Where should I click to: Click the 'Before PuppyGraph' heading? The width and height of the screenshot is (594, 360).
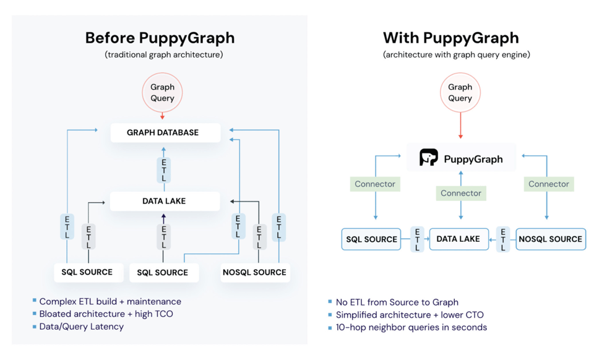[160, 38]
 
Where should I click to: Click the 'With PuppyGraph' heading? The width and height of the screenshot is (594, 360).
[450, 38]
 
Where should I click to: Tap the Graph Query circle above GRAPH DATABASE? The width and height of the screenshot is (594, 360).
[162, 93]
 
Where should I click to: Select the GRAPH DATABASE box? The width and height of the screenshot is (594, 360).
[165, 132]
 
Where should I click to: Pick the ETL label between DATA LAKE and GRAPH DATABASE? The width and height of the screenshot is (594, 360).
[164, 170]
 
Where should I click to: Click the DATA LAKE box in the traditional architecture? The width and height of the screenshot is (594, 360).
[165, 201]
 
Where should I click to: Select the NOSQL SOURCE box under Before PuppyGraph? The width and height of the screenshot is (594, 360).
[254, 272]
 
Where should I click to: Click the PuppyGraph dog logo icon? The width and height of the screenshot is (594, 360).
[429, 158]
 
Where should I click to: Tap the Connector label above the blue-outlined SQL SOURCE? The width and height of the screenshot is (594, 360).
[375, 184]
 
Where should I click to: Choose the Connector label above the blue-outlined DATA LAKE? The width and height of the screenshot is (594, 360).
[460, 193]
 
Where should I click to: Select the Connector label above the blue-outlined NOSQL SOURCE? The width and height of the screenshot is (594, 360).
[548, 184]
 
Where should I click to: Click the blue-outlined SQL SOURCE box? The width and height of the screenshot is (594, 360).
[371, 239]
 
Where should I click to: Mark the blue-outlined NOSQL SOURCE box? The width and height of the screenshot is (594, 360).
[550, 239]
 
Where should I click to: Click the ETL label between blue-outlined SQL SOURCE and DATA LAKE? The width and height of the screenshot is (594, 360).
[418, 239]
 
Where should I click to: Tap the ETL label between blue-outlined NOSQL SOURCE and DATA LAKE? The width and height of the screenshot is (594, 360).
[503, 239]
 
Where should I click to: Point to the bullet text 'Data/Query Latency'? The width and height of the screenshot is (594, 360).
[81, 326]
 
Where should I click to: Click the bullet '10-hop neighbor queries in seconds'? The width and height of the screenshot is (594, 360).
[411, 327]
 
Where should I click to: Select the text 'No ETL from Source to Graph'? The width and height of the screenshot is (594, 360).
[397, 302]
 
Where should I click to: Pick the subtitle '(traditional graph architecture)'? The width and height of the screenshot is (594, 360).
[164, 54]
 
